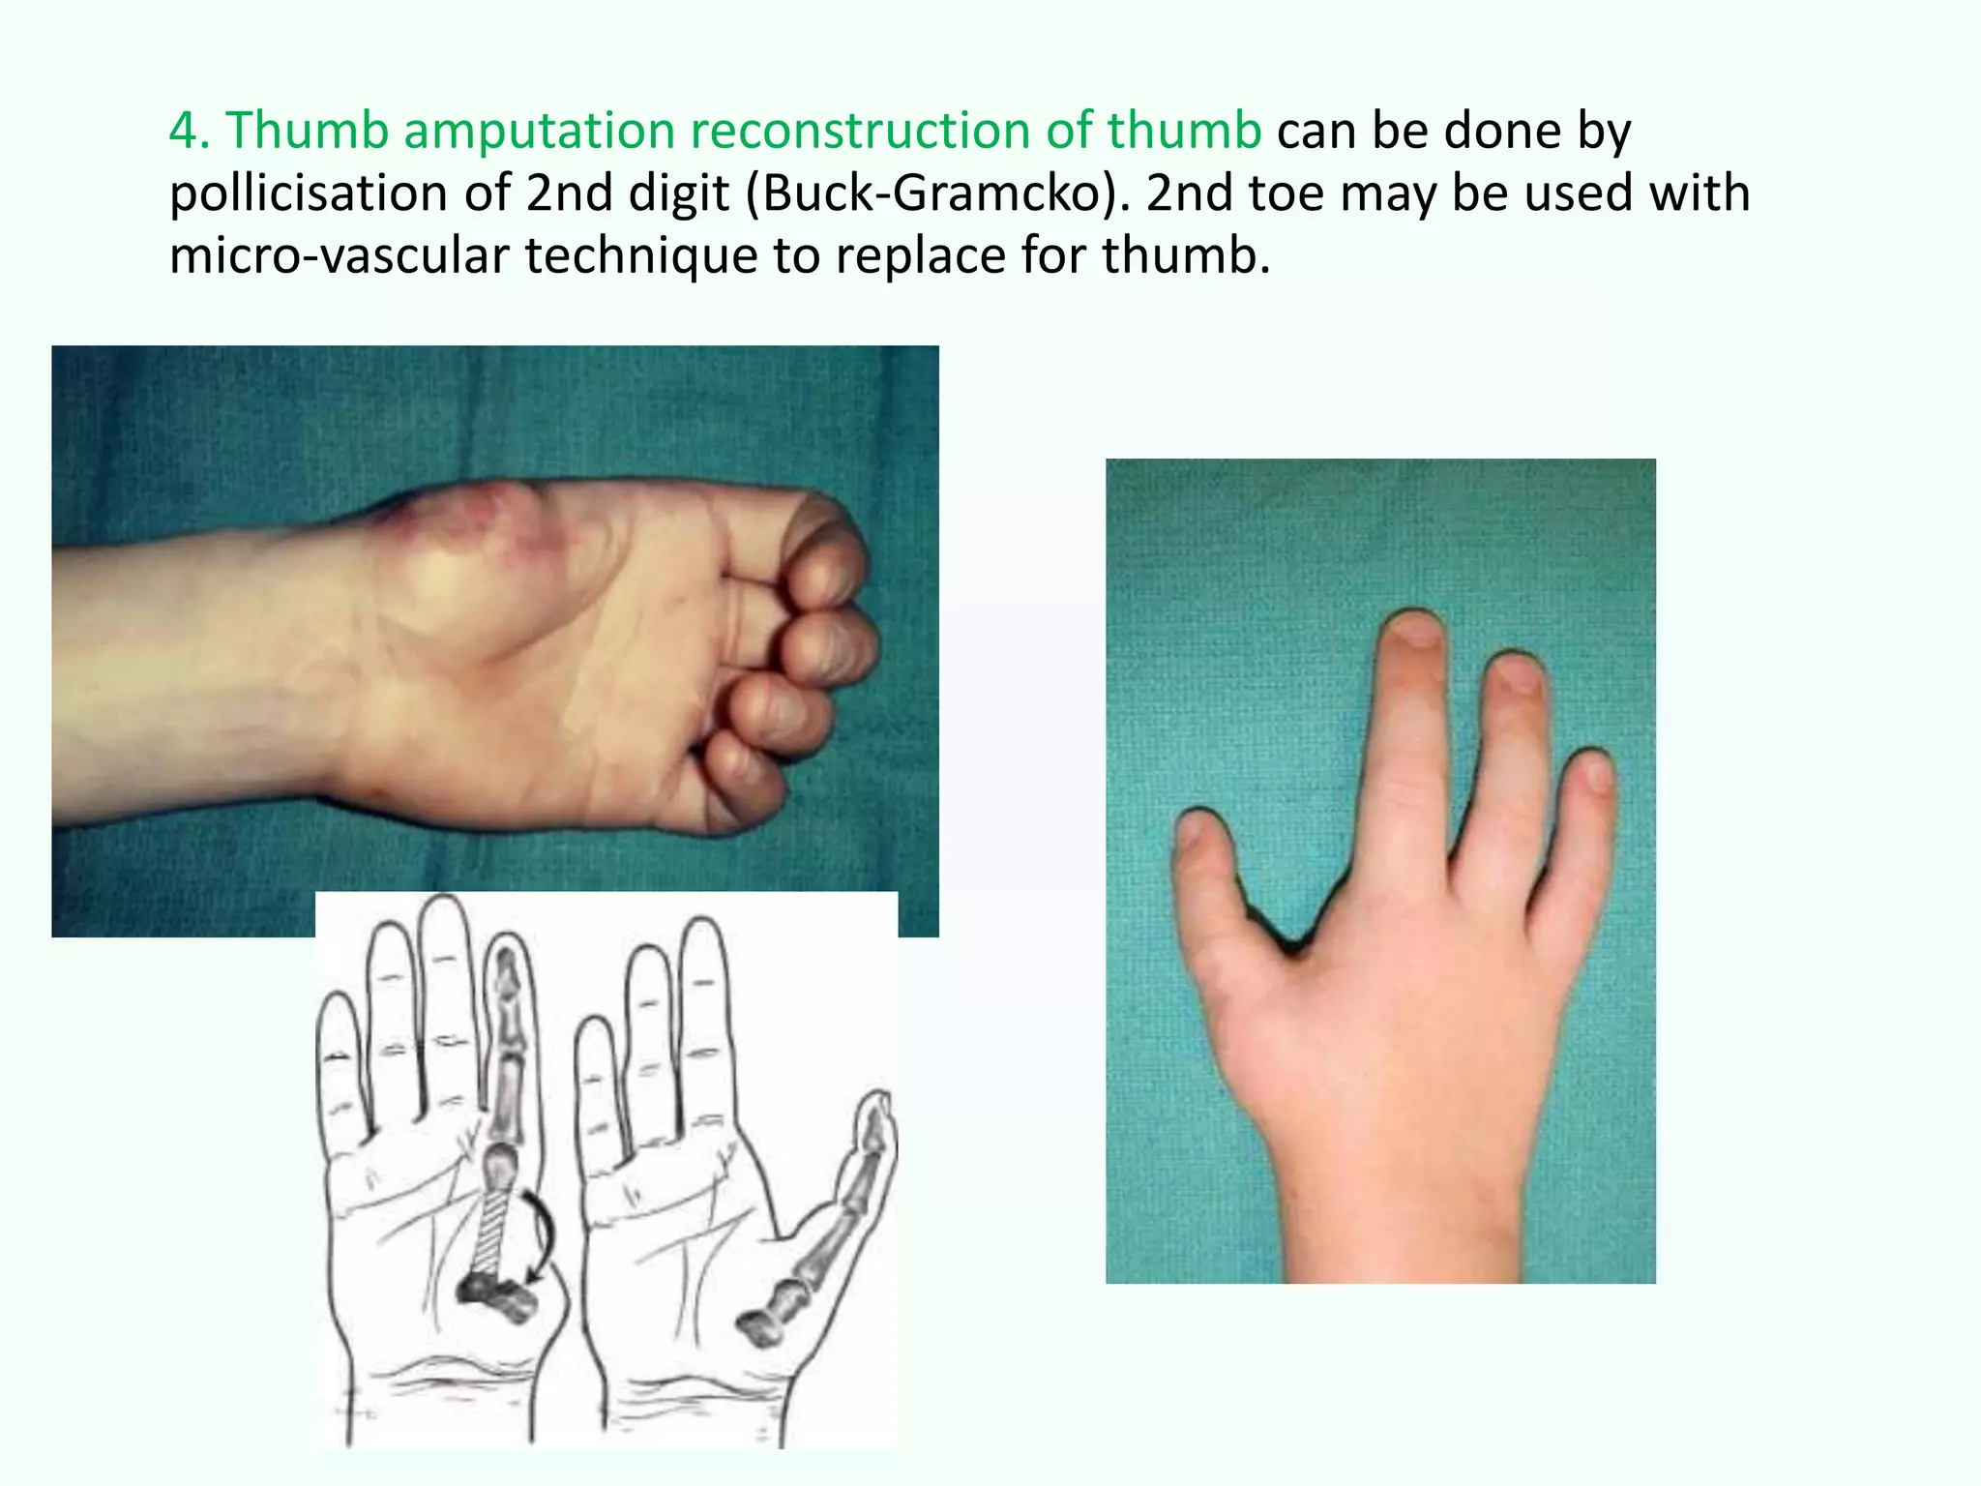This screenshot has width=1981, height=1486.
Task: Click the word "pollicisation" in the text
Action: pyautogui.click(x=308, y=193)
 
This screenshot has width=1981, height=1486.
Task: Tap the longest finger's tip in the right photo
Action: pyautogui.click(x=1413, y=629)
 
